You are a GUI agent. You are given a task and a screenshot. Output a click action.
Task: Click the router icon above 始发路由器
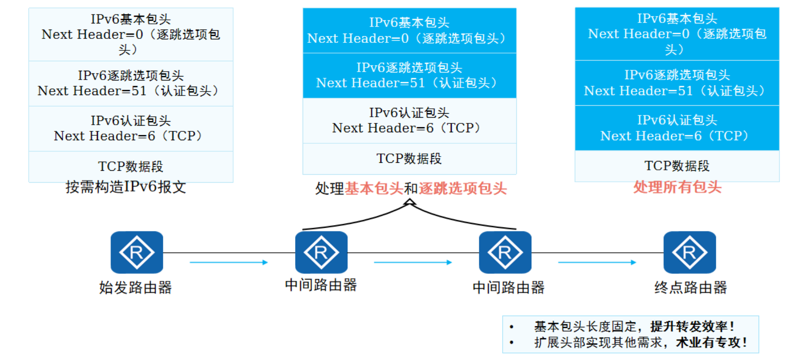pos(137,252)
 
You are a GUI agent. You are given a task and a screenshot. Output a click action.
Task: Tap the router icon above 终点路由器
pos(689,252)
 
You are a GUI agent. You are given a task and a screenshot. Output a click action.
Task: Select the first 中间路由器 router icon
pos(321,252)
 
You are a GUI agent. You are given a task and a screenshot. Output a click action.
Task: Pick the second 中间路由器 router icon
pos(505,252)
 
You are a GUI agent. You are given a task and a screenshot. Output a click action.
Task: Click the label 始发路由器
pos(135,287)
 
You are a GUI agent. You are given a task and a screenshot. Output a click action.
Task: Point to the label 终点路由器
pos(690,287)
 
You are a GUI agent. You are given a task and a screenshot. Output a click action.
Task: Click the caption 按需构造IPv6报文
pos(126,187)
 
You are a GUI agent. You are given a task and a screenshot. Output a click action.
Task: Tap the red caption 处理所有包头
pos(677,187)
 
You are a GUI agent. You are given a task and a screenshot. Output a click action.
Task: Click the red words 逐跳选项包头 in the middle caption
pos(462,189)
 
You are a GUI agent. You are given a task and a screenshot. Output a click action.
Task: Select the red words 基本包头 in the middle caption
pos(374,189)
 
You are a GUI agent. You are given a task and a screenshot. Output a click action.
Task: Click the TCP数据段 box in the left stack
pos(131,166)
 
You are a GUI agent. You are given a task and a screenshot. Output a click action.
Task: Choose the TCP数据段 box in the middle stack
pos(409,158)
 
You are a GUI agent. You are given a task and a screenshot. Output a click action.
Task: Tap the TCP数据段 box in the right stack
pos(677,166)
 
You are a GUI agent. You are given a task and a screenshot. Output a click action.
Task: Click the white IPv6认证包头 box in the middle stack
pos(409,120)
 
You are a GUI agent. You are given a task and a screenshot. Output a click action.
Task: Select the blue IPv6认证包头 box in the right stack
pos(677,128)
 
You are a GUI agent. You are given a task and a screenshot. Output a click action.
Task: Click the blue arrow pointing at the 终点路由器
pos(597,262)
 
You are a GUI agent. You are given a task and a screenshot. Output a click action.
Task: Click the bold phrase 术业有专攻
pos(708,342)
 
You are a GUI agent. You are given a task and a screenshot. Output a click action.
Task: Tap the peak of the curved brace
pos(410,201)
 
